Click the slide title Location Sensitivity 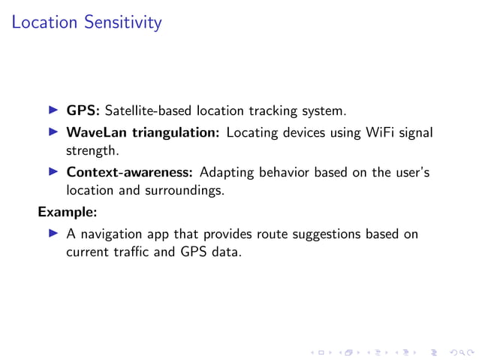coord(86,23)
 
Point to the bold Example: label coord(68,212)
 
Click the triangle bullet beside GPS coord(53,110)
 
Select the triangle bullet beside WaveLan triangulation coord(53,132)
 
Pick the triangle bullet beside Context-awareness coord(53,172)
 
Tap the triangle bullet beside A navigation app coord(53,234)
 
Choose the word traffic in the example coord(137,252)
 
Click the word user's coord(411,173)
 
